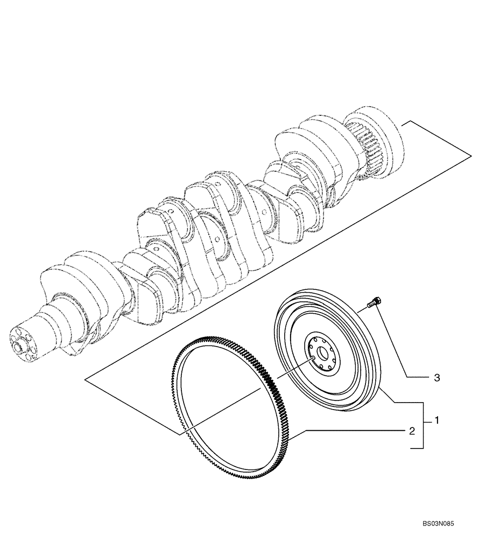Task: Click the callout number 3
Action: point(437,378)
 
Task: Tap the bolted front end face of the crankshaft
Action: point(22,344)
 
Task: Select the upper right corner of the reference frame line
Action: point(471,156)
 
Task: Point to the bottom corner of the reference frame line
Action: point(178,434)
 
